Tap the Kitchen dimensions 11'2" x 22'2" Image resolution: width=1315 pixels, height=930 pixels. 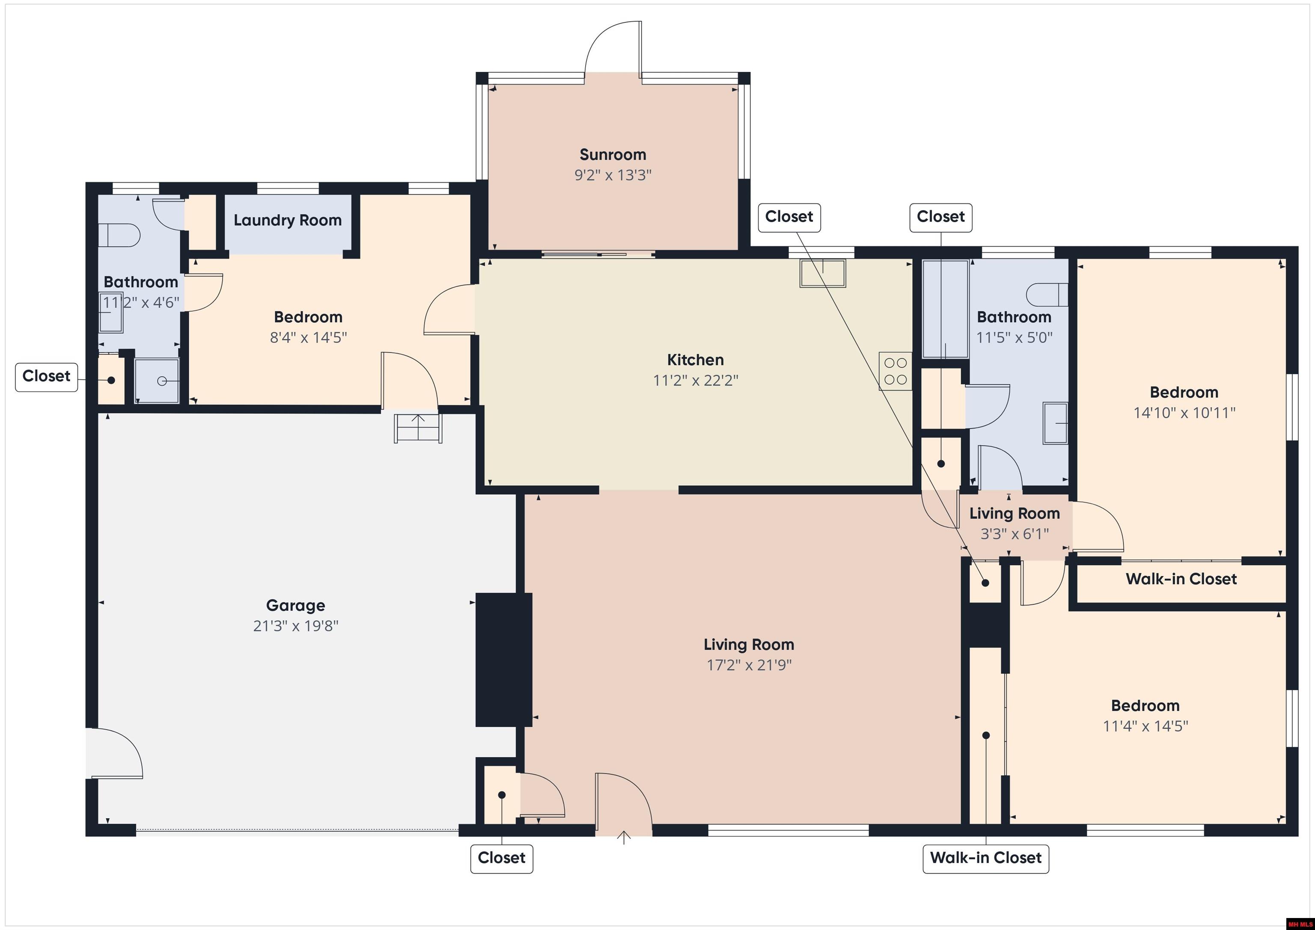pyautogui.click(x=695, y=380)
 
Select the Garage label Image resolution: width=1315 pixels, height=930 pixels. pyautogui.click(x=295, y=605)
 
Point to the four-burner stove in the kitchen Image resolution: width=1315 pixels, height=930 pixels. pyautogui.click(x=895, y=371)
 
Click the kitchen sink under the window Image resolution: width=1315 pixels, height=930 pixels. pyautogui.click(x=822, y=273)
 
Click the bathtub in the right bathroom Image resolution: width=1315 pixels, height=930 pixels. pyautogui.click(x=945, y=309)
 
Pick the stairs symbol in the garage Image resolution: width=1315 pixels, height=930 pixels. pyautogui.click(x=418, y=428)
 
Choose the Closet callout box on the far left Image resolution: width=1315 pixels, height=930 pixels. pyautogui.click(x=46, y=376)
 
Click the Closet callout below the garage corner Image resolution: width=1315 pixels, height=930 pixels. pyautogui.click(x=501, y=858)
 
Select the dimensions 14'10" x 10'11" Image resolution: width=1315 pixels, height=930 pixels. pyautogui.click(x=1184, y=413)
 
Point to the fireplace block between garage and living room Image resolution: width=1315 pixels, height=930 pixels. pyautogui.click(x=503, y=660)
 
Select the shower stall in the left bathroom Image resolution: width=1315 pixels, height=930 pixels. pyautogui.click(x=156, y=381)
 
